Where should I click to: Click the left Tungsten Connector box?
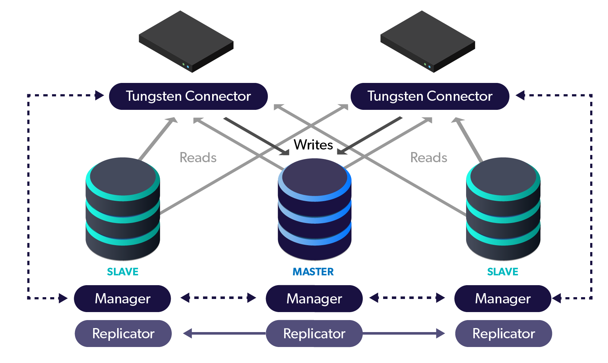click(x=188, y=96)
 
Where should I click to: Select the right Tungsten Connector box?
click(x=430, y=96)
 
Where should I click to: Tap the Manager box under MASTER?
click(x=314, y=298)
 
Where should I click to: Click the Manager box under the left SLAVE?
click(x=122, y=298)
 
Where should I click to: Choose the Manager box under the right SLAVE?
click(x=503, y=298)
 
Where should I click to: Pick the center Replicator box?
click(x=314, y=334)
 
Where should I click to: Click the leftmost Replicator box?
click(x=123, y=334)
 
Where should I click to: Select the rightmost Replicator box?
click(x=504, y=334)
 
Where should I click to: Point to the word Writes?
click(x=313, y=145)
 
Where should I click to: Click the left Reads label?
click(x=198, y=157)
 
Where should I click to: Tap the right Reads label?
click(x=429, y=157)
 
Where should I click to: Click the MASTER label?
click(x=313, y=272)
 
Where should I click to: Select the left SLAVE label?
click(x=123, y=272)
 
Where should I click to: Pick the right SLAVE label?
click(x=503, y=272)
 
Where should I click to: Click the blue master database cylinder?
click(x=315, y=209)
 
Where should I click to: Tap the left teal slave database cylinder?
click(x=123, y=209)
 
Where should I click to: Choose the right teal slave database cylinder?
click(x=503, y=209)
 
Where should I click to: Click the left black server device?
click(x=186, y=41)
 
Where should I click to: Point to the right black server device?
click(x=428, y=41)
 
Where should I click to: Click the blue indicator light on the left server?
click(x=188, y=67)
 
